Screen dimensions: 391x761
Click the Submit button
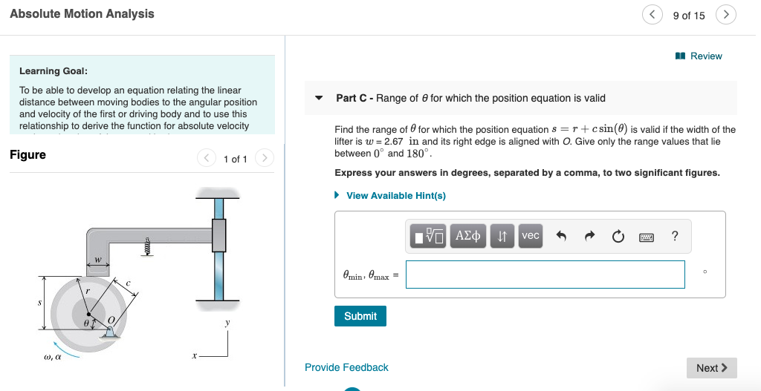pyautogui.click(x=360, y=316)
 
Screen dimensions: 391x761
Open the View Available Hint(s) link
pyautogui.click(x=395, y=196)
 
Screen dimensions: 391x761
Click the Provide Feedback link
pyautogui.click(x=346, y=367)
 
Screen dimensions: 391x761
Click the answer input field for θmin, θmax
pyautogui.click(x=545, y=275)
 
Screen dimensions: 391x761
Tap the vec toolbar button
pyautogui.click(x=530, y=236)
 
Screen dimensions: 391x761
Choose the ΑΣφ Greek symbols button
pyautogui.click(x=469, y=236)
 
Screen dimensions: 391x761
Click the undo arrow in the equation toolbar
pyautogui.click(x=561, y=237)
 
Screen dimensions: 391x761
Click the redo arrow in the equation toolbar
pyautogui.click(x=589, y=237)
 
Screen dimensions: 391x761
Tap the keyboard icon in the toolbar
pyautogui.click(x=647, y=237)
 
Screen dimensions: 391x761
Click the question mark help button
pyautogui.click(x=674, y=237)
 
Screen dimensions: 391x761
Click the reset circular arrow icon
pyautogui.click(x=618, y=237)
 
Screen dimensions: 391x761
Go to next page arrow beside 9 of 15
pyautogui.click(x=726, y=15)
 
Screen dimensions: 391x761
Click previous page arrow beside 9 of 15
pyautogui.click(x=652, y=15)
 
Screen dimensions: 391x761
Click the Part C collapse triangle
pyautogui.click(x=319, y=98)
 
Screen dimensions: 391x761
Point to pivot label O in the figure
pyautogui.click(x=112, y=320)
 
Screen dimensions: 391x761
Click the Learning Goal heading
pyautogui.click(x=54, y=71)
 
